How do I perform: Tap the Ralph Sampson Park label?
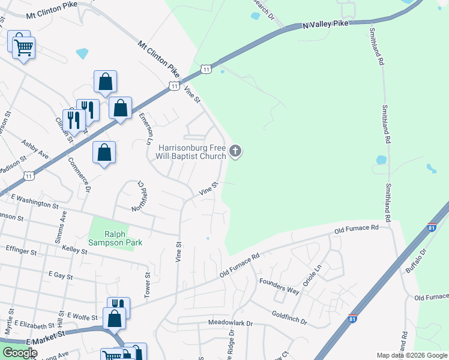point(123,238)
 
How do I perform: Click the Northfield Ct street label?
point(138,196)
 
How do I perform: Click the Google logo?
point(20,353)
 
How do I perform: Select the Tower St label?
point(146,284)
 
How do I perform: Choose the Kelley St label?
point(76,250)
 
